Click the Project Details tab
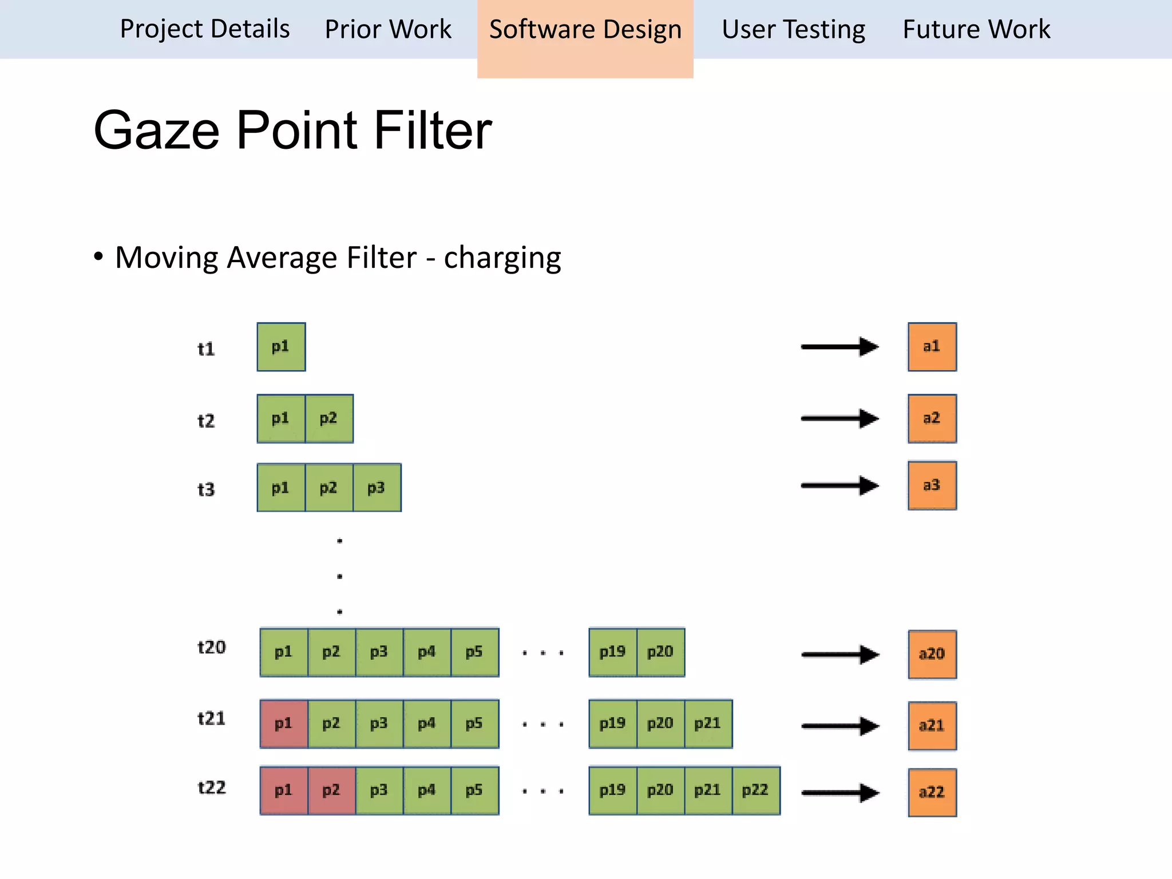tap(205, 29)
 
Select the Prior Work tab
tap(388, 29)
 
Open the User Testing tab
tap(793, 29)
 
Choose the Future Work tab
tap(976, 29)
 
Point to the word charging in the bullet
tap(502, 258)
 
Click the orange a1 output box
tap(932, 347)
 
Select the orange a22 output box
tap(932, 792)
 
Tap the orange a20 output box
tap(932, 654)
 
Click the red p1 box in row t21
tap(284, 724)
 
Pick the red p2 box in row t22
tap(332, 791)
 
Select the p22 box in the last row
tap(755, 791)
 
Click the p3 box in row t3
tap(377, 488)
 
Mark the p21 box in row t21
tap(708, 724)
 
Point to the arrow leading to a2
tap(839, 418)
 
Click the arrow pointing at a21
tap(840, 726)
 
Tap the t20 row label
tap(212, 647)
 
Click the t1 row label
tap(206, 349)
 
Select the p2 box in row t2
tap(329, 418)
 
